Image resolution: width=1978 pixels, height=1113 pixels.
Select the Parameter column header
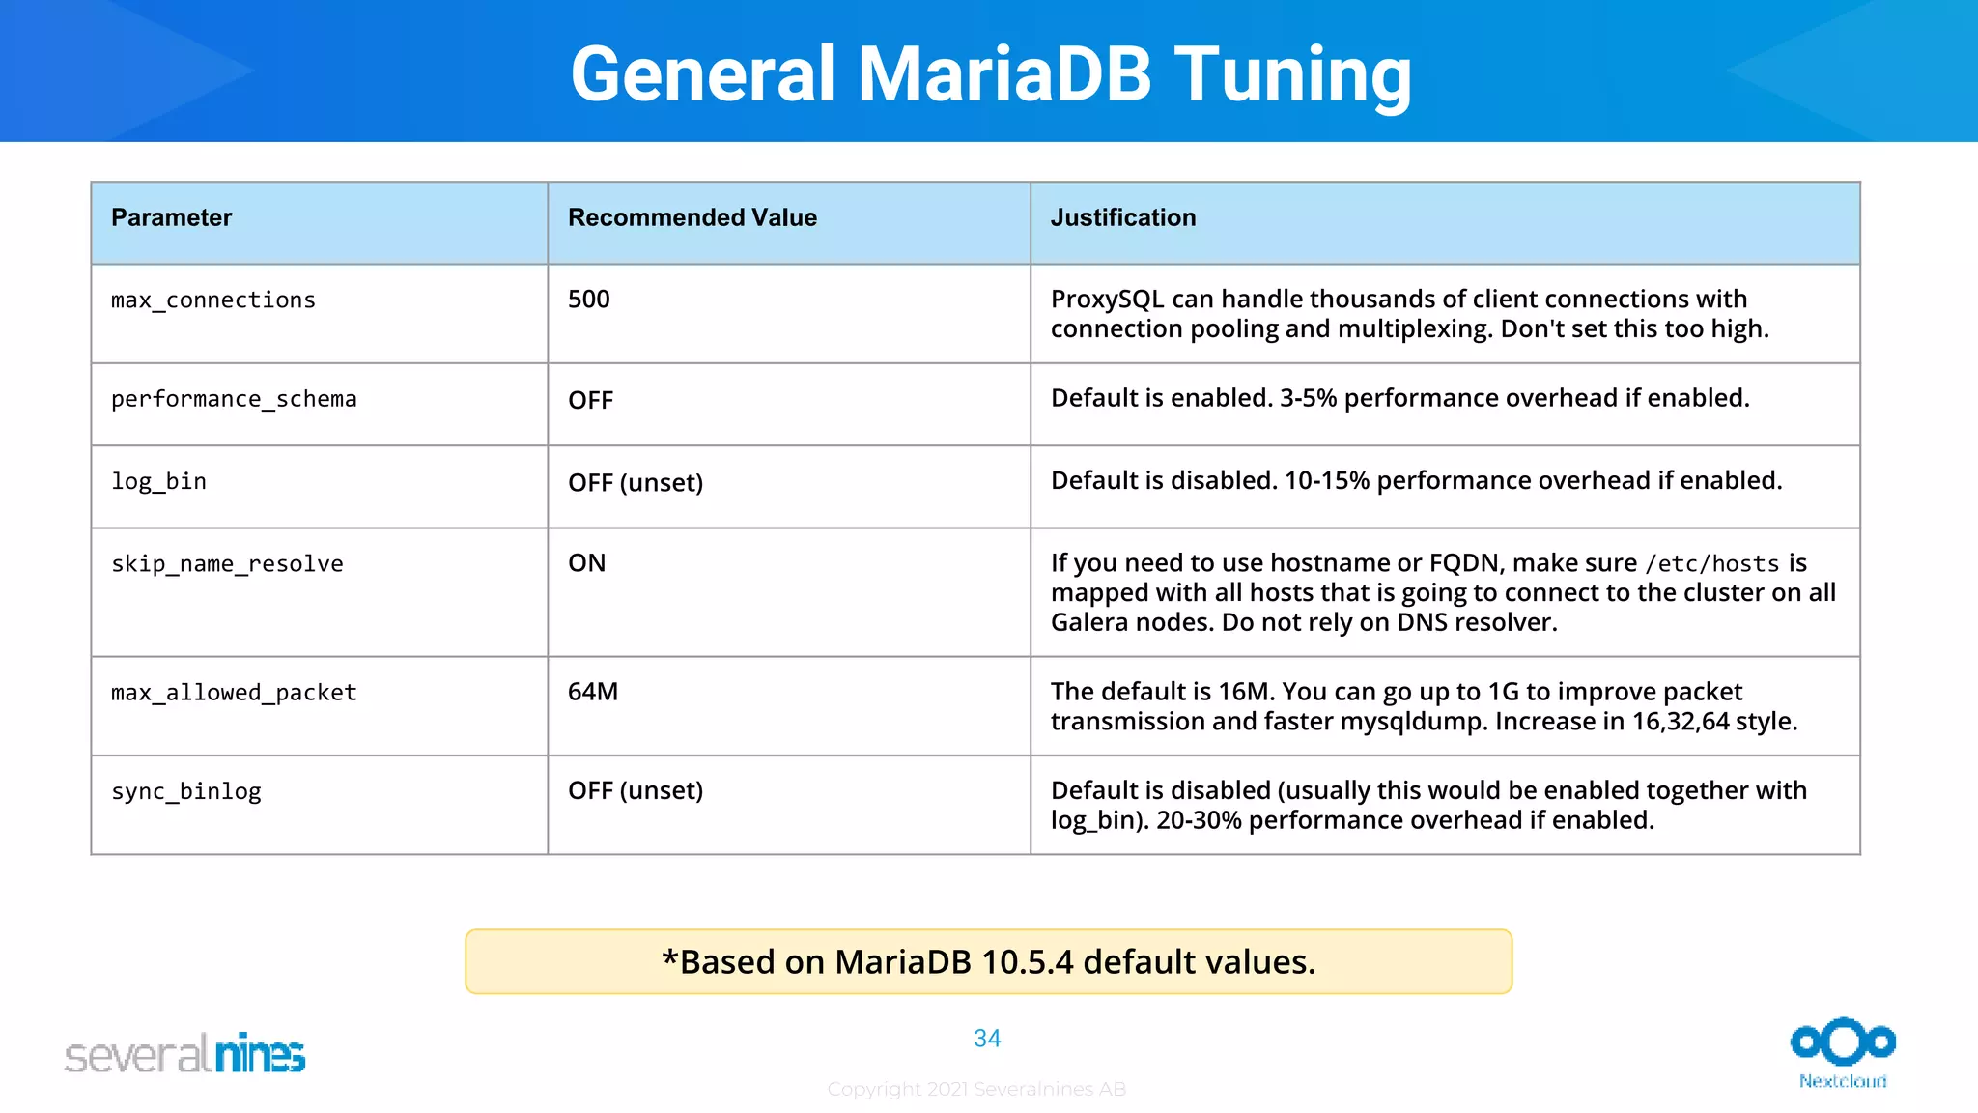(171, 218)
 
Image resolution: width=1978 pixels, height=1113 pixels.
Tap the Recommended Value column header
(692, 218)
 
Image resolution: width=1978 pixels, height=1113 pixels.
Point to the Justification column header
(1122, 218)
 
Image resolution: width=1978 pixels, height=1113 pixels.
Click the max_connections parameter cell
(212, 300)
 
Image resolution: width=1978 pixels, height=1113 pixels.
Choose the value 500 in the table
(588, 300)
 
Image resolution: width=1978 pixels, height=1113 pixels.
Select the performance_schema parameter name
(234, 399)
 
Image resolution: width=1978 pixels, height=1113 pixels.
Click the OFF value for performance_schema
(590, 400)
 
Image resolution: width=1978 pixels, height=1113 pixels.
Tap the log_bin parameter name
(158, 481)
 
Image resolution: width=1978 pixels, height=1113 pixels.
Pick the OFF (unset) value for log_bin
(635, 482)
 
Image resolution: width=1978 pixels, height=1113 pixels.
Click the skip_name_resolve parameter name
(227, 563)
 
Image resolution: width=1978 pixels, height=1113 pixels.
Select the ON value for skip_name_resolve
(586, 563)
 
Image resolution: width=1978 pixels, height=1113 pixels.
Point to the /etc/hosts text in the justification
(1711, 563)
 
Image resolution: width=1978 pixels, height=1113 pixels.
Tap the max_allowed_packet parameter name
(234, 693)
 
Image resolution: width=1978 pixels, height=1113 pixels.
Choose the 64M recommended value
(592, 692)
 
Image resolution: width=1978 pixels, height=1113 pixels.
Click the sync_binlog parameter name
(185, 791)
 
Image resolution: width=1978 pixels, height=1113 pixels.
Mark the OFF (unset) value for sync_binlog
(635, 790)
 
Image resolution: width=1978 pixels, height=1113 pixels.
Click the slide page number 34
(987, 1039)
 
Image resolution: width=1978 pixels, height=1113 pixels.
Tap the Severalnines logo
(184, 1054)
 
